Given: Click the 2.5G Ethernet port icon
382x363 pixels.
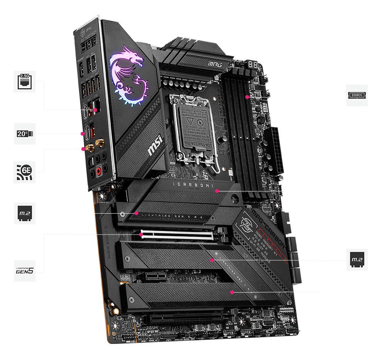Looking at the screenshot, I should pyautogui.click(x=25, y=81).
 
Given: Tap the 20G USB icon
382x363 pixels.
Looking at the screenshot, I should pyautogui.click(x=25, y=133).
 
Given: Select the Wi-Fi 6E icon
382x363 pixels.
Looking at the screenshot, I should pyautogui.click(x=25, y=172).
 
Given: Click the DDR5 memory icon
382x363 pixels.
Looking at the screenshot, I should pyautogui.click(x=357, y=95).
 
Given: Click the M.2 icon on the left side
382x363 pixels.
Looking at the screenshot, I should pyautogui.click(x=25, y=213).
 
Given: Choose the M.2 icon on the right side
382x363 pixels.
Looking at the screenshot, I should pyautogui.click(x=357, y=260).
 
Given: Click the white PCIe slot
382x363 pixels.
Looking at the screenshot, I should pyautogui.click(x=176, y=235).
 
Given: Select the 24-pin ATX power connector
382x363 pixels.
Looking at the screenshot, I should pyautogui.click(x=277, y=149).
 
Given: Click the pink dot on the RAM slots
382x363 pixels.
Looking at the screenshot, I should pyautogui.click(x=247, y=97).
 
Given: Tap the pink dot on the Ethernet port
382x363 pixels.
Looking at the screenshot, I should pyautogui.click(x=95, y=110).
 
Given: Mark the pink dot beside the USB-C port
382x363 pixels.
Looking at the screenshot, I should pyautogui.click(x=83, y=134).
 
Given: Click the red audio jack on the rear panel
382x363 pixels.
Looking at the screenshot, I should pyautogui.click(x=100, y=171).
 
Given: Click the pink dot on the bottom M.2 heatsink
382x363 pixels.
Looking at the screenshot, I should pyautogui.click(x=231, y=292).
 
